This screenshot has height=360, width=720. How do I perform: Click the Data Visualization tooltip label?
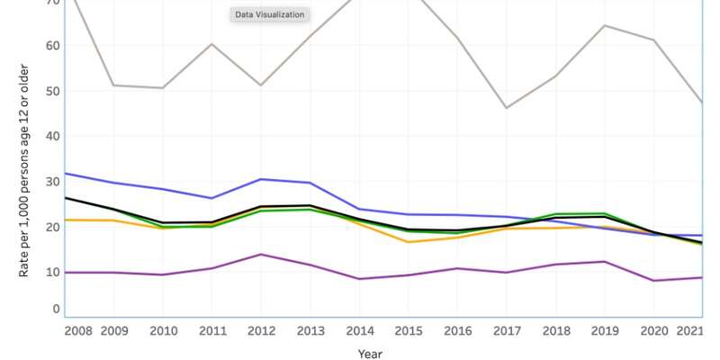point(270,14)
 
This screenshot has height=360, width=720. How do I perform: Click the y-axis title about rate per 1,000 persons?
point(24,170)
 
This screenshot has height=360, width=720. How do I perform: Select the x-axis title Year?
point(369,354)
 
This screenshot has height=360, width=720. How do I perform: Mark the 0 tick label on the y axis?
point(56,309)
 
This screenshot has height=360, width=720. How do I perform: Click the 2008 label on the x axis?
point(77,330)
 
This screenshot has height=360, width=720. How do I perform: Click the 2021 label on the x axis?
point(690,330)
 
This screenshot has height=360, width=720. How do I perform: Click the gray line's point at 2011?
point(211,43)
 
